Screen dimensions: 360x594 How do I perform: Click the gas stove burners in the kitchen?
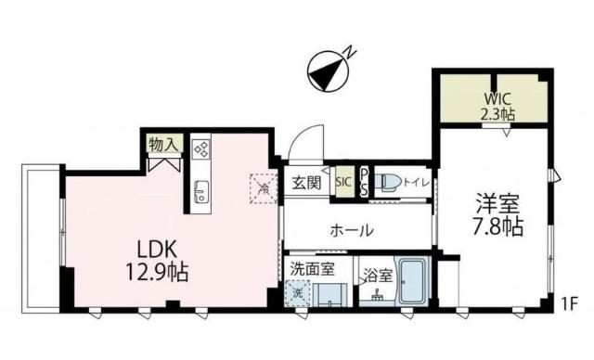point(201,150)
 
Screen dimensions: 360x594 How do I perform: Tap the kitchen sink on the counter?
point(200,193)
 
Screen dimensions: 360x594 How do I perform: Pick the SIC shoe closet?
point(342,182)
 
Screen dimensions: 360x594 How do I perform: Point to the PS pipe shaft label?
point(365,182)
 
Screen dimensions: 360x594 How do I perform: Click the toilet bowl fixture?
point(390,182)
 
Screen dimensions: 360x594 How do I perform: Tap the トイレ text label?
point(417,182)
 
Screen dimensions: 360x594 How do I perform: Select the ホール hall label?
point(352,230)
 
